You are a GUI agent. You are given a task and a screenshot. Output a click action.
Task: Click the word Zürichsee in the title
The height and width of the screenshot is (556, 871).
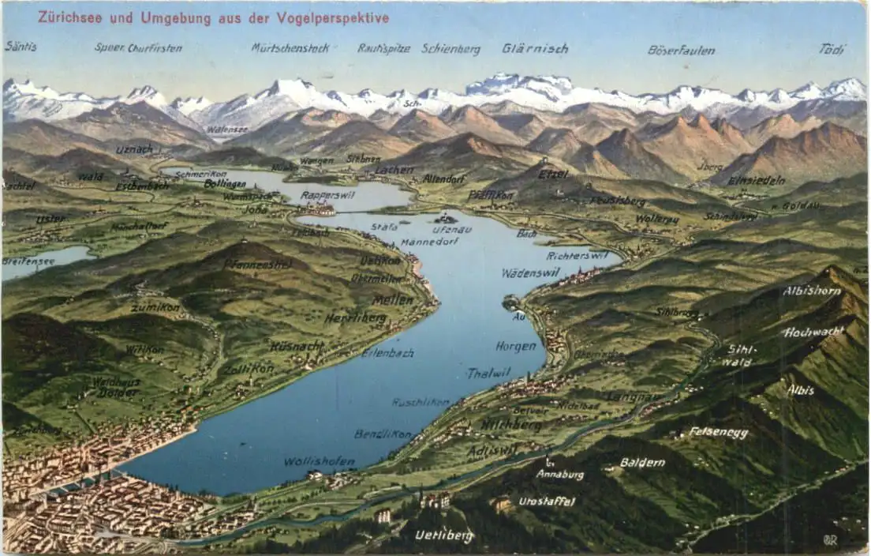point(69,17)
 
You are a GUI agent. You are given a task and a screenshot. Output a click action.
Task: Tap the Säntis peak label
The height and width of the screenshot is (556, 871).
point(21,47)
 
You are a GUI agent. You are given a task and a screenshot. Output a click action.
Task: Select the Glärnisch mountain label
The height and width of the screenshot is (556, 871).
point(535,48)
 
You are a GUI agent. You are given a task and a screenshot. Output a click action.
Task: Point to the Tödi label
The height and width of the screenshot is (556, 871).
point(832,49)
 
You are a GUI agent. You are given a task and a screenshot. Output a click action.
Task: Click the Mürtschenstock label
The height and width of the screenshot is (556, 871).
point(290,48)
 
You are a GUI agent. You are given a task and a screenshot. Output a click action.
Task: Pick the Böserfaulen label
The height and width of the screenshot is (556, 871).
point(681,50)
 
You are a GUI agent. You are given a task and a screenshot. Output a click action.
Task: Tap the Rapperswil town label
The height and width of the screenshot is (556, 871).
point(327,195)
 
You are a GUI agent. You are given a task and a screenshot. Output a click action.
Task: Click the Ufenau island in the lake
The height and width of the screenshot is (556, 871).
point(446,218)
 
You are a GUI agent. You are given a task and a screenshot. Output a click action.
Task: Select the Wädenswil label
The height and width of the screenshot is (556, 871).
point(530,272)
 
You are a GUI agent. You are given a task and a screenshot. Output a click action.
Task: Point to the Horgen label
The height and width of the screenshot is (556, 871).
point(516,346)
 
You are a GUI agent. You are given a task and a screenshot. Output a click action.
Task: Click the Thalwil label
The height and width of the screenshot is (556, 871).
point(488,373)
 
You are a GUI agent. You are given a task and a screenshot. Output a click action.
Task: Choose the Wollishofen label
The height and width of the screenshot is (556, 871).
point(319,461)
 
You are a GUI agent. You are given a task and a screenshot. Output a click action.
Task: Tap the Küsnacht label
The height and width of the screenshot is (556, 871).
point(297,346)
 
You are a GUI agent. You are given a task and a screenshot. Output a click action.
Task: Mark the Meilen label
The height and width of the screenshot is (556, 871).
point(392,300)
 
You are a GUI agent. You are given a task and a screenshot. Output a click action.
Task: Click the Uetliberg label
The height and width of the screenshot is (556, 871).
point(444,535)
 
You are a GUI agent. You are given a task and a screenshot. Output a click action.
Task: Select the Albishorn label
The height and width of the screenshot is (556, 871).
point(812,291)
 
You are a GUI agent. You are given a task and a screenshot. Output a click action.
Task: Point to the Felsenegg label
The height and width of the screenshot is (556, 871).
point(718,432)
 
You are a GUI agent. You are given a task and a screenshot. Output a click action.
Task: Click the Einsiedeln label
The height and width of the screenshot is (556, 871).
point(756,180)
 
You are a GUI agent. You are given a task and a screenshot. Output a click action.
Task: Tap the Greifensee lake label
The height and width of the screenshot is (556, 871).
point(28,261)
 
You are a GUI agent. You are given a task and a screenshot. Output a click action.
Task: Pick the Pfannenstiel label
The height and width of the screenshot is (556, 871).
point(257,264)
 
